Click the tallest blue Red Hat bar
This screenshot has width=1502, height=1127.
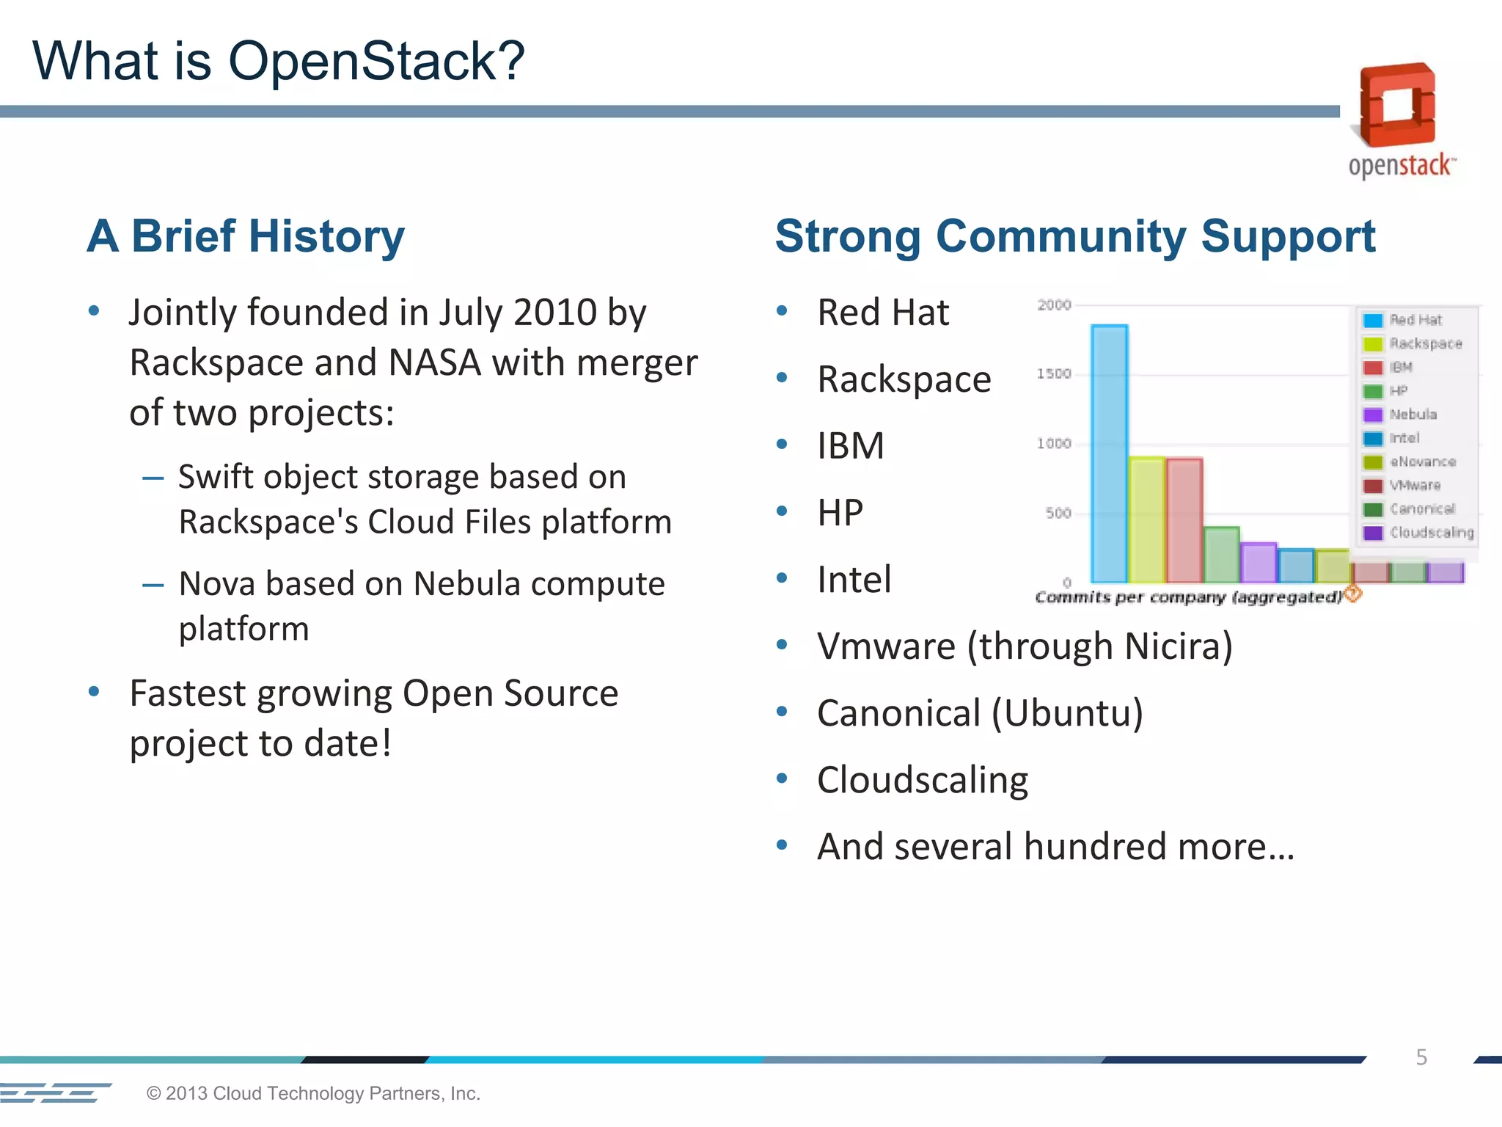coord(1109,455)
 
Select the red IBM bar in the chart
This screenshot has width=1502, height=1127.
coord(1184,521)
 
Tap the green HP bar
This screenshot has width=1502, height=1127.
coord(1221,555)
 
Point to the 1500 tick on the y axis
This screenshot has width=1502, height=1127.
coord(1054,374)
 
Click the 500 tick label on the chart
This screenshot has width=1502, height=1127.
coord(1058,513)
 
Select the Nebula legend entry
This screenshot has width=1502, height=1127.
coord(1413,415)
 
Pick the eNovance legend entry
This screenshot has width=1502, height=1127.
coord(1422,462)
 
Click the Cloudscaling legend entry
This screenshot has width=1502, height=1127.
coord(1431,533)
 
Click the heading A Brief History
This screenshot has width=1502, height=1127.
coord(246,236)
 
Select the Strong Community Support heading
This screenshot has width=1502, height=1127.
coord(1075,236)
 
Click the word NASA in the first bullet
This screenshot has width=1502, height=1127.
coord(434,362)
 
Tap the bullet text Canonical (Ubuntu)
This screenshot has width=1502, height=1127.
coord(980,713)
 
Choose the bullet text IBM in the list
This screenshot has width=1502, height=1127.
coord(851,446)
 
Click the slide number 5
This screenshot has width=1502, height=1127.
coord(1421,1057)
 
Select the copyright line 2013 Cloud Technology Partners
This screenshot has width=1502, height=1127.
coord(313,1093)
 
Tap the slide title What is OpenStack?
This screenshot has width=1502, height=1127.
coord(279,61)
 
